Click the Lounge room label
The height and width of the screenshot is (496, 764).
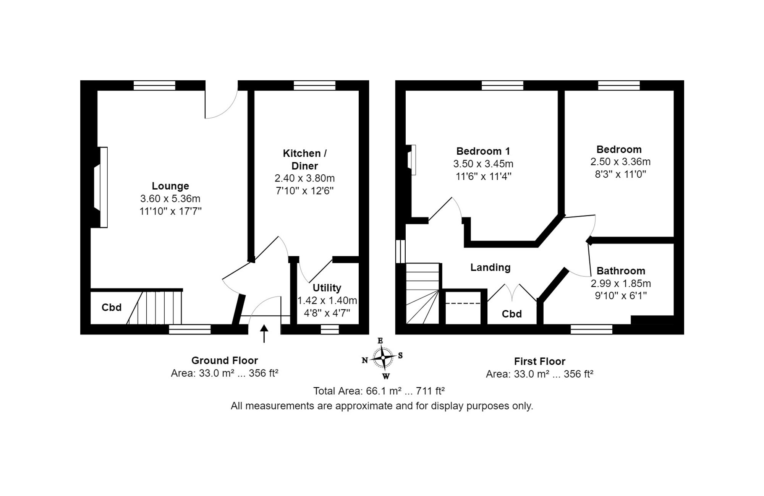[170, 186]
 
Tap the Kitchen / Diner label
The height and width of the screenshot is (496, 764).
[305, 160]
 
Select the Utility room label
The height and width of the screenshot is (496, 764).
[327, 288]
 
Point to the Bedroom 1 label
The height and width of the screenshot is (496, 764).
[483, 151]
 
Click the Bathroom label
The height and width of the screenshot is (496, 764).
[621, 271]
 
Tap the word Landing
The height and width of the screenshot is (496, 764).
[490, 267]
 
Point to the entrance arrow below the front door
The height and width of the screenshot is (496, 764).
[264, 334]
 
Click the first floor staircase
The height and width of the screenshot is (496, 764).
[422, 293]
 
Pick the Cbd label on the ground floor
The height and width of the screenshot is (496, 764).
[112, 308]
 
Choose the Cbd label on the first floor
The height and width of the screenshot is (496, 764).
[511, 314]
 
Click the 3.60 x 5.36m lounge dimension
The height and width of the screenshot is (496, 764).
[170, 199]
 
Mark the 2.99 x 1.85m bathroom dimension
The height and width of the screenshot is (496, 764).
[621, 284]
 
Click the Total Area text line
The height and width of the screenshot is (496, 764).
[379, 391]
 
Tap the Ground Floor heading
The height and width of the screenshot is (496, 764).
[225, 361]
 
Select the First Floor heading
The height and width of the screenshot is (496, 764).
[539, 361]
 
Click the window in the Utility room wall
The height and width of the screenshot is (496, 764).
[330, 329]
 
